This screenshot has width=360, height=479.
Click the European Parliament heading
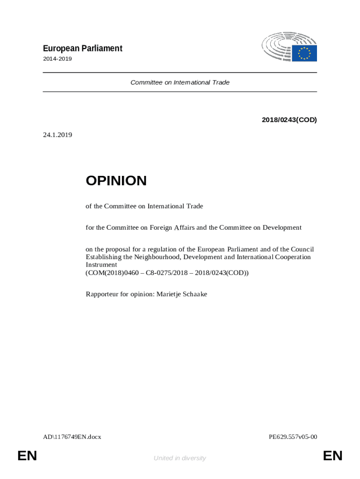[83, 48]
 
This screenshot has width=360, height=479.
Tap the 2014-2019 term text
[58, 59]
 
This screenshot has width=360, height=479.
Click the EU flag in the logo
[304, 53]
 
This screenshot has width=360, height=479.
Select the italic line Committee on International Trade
[180, 82]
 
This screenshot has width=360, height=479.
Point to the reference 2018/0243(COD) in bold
[289, 120]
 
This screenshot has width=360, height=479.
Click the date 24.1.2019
[58, 135]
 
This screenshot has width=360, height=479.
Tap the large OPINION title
[116, 181]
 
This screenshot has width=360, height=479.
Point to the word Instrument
[101, 264]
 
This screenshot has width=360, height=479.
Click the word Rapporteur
[101, 294]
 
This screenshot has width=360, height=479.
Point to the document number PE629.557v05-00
[293, 437]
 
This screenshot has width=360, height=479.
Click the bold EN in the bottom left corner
[27, 456]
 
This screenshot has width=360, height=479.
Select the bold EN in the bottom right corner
[332, 456]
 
